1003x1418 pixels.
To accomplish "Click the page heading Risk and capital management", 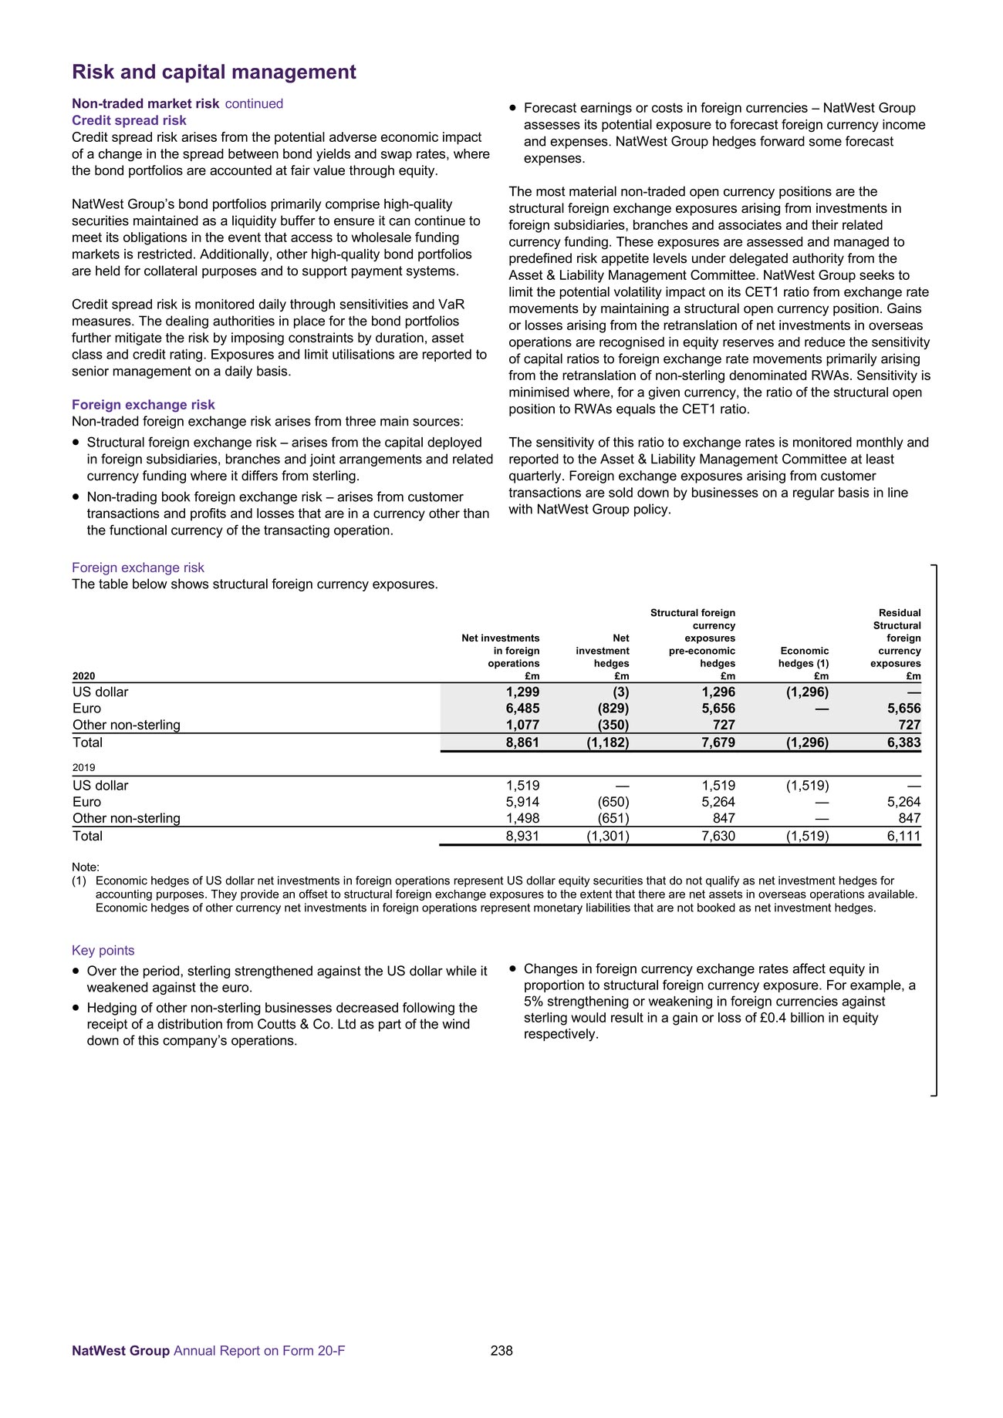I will (x=214, y=72).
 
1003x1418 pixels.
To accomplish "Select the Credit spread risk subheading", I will (x=129, y=120).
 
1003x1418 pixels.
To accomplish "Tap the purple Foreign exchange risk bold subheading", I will (x=143, y=405).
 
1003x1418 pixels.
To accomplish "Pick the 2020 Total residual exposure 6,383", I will (x=903, y=743).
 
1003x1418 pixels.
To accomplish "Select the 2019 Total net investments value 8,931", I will (x=522, y=836).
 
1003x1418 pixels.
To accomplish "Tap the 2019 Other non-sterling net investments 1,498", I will (x=522, y=818).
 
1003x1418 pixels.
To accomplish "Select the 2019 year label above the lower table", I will (x=84, y=768).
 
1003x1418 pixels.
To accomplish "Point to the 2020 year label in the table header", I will (x=84, y=676).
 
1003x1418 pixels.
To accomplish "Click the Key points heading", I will (x=103, y=951).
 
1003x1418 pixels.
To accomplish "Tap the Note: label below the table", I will (x=86, y=867).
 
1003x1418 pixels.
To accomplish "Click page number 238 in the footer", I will (x=501, y=1350).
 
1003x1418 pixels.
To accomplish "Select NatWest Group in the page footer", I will (x=120, y=1351).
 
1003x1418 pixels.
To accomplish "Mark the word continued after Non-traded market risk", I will (x=254, y=104).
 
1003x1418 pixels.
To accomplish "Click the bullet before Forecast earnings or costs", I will (x=512, y=109).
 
